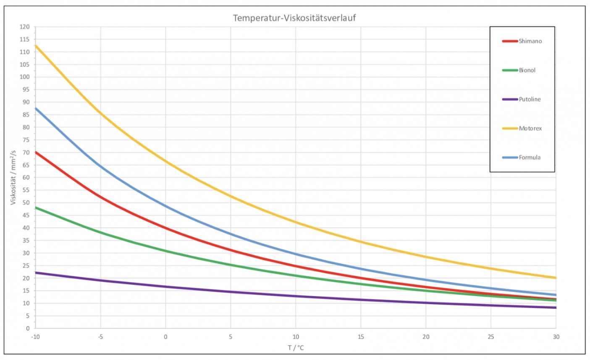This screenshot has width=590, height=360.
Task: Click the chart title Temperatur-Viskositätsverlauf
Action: coord(294,18)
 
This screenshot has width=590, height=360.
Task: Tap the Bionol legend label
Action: coord(527,70)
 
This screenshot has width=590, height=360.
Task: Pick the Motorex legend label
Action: coord(530,128)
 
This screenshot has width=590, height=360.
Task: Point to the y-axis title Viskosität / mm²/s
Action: coord(13,177)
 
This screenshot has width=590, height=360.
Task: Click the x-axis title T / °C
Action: coord(296,348)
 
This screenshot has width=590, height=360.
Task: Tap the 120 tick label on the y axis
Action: coord(25,27)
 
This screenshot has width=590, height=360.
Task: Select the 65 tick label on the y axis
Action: coord(26,165)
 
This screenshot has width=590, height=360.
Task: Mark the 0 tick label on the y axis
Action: coord(28,328)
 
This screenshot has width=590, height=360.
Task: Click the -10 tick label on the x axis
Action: coord(35,337)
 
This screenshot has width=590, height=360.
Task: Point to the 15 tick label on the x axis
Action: coord(361,337)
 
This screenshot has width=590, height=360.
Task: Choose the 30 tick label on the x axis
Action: coord(556,337)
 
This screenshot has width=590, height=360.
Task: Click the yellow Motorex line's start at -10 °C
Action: coord(36,45)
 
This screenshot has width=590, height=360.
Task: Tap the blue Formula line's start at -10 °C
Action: coord(36,108)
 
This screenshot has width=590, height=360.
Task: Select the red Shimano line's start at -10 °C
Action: coord(36,152)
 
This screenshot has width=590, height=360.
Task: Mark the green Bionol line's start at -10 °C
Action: coord(36,208)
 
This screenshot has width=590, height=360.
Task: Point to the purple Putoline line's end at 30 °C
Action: coord(556,307)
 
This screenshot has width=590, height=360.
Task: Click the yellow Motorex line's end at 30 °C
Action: coord(556,278)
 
